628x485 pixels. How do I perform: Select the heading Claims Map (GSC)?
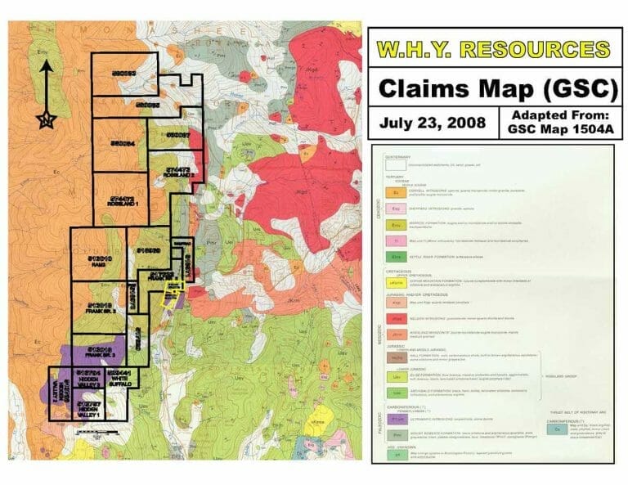tap(496, 86)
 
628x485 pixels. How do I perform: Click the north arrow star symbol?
tap(47, 120)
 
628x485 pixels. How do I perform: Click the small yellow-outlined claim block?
tap(173, 288)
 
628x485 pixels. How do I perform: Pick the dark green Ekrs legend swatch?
tap(394, 257)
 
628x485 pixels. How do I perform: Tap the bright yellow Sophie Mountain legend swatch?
tap(394, 282)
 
